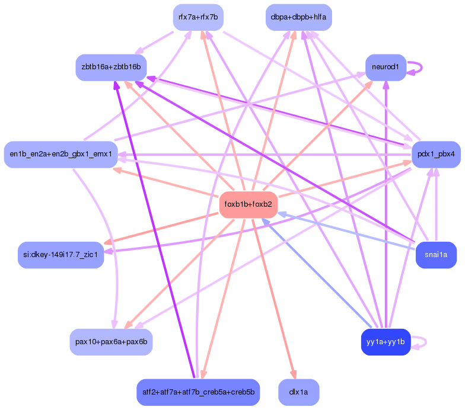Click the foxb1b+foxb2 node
click(249, 204)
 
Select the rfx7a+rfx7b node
click(198, 17)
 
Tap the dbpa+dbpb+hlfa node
click(299, 17)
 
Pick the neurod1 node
click(386, 68)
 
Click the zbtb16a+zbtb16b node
click(112, 68)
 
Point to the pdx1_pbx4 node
click(436, 154)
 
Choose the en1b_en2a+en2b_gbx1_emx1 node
click(60, 154)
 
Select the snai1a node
click(436, 255)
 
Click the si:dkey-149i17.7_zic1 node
click(60, 255)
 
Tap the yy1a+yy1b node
click(386, 342)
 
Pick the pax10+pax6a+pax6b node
click(112, 342)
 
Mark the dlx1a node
click(299, 392)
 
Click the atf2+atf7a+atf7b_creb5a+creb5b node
click(198, 392)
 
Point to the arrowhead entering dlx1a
click(293, 374)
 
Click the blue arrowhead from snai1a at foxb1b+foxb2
click(282, 214)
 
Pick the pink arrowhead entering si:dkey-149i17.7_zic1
click(108, 242)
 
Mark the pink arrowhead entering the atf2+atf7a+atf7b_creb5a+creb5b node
click(203, 374)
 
